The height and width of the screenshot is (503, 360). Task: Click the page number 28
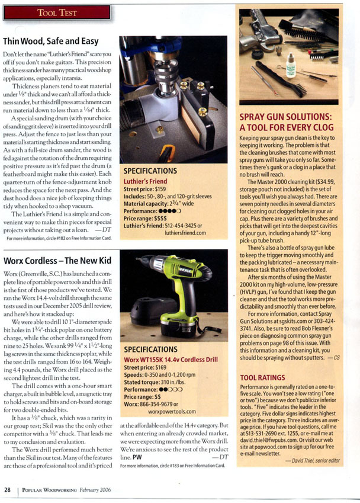coord(8,489)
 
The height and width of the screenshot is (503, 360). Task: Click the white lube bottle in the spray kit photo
coord(291,67)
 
